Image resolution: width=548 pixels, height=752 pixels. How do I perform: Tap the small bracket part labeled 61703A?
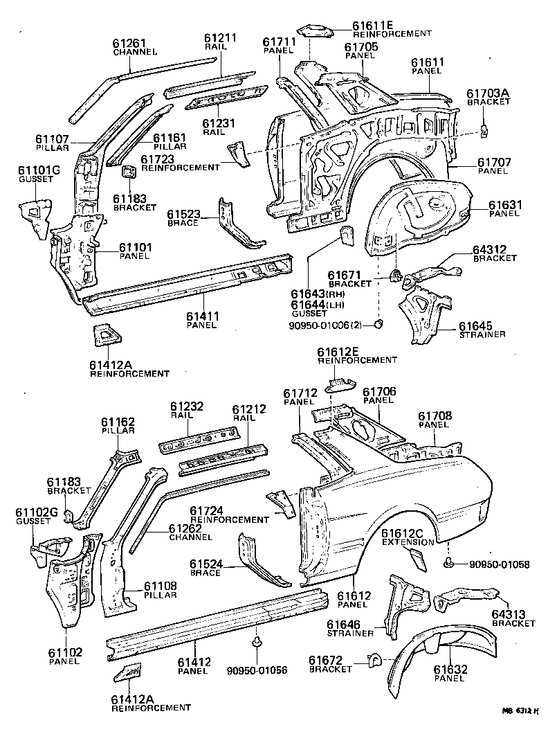pyautogui.click(x=485, y=128)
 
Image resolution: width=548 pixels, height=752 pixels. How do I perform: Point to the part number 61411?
pyautogui.click(x=203, y=316)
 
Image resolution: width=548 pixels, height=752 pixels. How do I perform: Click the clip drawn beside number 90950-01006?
pyautogui.click(x=378, y=324)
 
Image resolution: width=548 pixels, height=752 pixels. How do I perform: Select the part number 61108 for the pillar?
pyautogui.click(x=161, y=586)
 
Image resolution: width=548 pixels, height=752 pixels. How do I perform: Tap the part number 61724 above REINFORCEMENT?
pyautogui.click(x=207, y=510)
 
